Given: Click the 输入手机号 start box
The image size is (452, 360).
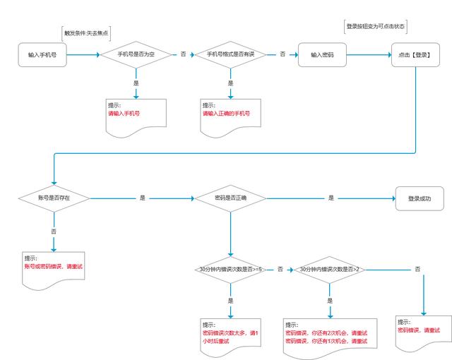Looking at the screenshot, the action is pyautogui.click(x=42, y=55).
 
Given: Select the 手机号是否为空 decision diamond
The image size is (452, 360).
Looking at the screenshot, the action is pyautogui.click(x=136, y=54).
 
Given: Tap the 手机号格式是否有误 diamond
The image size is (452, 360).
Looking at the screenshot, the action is pyautogui.click(x=231, y=54).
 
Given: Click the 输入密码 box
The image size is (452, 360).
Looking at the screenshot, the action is pyautogui.click(x=322, y=55).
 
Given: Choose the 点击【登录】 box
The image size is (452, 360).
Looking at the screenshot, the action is pyautogui.click(x=415, y=55).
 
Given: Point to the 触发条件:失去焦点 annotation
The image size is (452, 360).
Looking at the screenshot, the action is pyautogui.click(x=86, y=33).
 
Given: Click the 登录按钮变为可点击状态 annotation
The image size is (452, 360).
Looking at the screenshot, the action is pyautogui.click(x=375, y=27).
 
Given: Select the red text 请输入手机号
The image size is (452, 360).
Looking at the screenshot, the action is pyautogui.click(x=124, y=114).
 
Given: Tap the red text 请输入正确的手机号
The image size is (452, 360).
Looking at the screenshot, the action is pyautogui.click(x=226, y=114).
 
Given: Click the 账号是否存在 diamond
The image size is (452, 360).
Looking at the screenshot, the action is pyautogui.click(x=54, y=198).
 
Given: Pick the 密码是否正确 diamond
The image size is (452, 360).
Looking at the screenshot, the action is pyautogui.click(x=231, y=198).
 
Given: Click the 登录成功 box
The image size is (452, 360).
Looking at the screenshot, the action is pyautogui.click(x=420, y=199).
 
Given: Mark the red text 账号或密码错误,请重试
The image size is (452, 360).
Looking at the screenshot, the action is pyautogui.click(x=54, y=266).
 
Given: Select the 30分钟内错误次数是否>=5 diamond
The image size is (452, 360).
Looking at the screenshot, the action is pyautogui.click(x=231, y=270).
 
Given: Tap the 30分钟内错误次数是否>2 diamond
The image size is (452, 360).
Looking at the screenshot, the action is pyautogui.click(x=330, y=270).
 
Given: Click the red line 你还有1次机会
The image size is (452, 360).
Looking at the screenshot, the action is pyautogui.click(x=326, y=341).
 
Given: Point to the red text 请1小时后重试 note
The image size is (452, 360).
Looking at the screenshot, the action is pyautogui.click(x=230, y=337).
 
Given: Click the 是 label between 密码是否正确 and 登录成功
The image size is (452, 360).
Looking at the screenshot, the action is pyautogui.click(x=331, y=198).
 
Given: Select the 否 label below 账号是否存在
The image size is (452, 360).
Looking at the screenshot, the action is pyautogui.click(x=54, y=232).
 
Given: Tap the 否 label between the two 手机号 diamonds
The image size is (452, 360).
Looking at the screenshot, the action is pyautogui.click(x=184, y=54).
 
